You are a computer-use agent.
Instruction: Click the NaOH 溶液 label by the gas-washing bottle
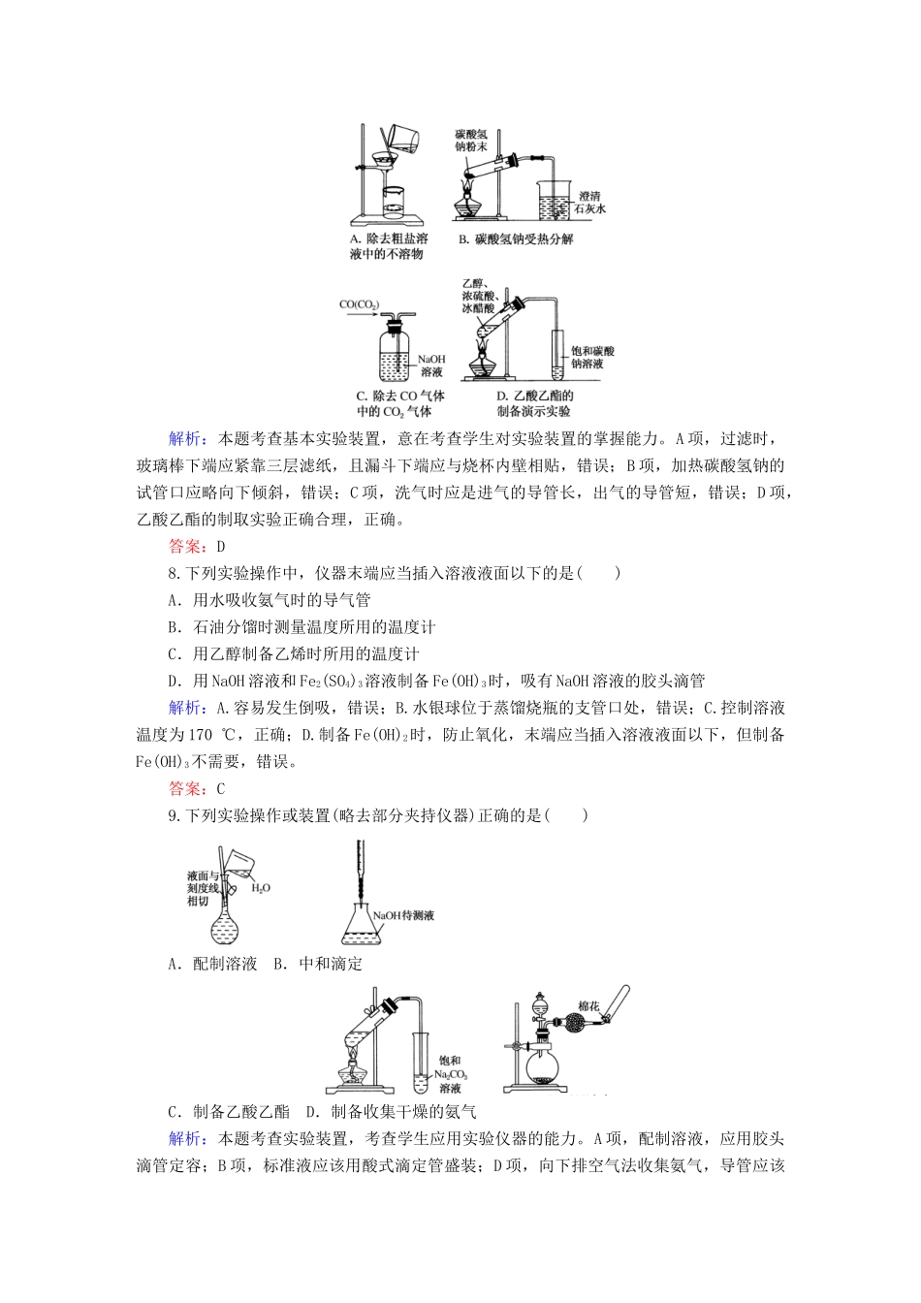click(x=431, y=365)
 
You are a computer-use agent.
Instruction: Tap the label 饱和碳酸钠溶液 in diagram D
click(x=592, y=357)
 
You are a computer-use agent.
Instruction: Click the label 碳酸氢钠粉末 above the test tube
click(x=471, y=140)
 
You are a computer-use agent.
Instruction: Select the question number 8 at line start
click(x=172, y=573)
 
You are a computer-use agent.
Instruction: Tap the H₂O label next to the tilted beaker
click(x=260, y=887)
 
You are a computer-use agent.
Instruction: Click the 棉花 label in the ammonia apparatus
click(x=588, y=1006)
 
